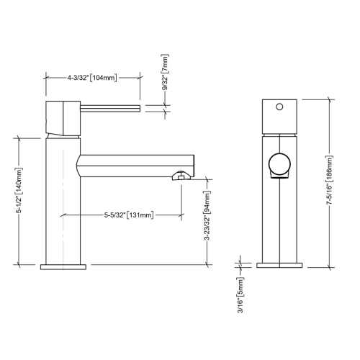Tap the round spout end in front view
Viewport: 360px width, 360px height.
click(278, 165)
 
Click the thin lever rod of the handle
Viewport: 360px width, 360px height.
click(108, 107)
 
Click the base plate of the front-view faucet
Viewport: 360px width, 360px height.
click(278, 266)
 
